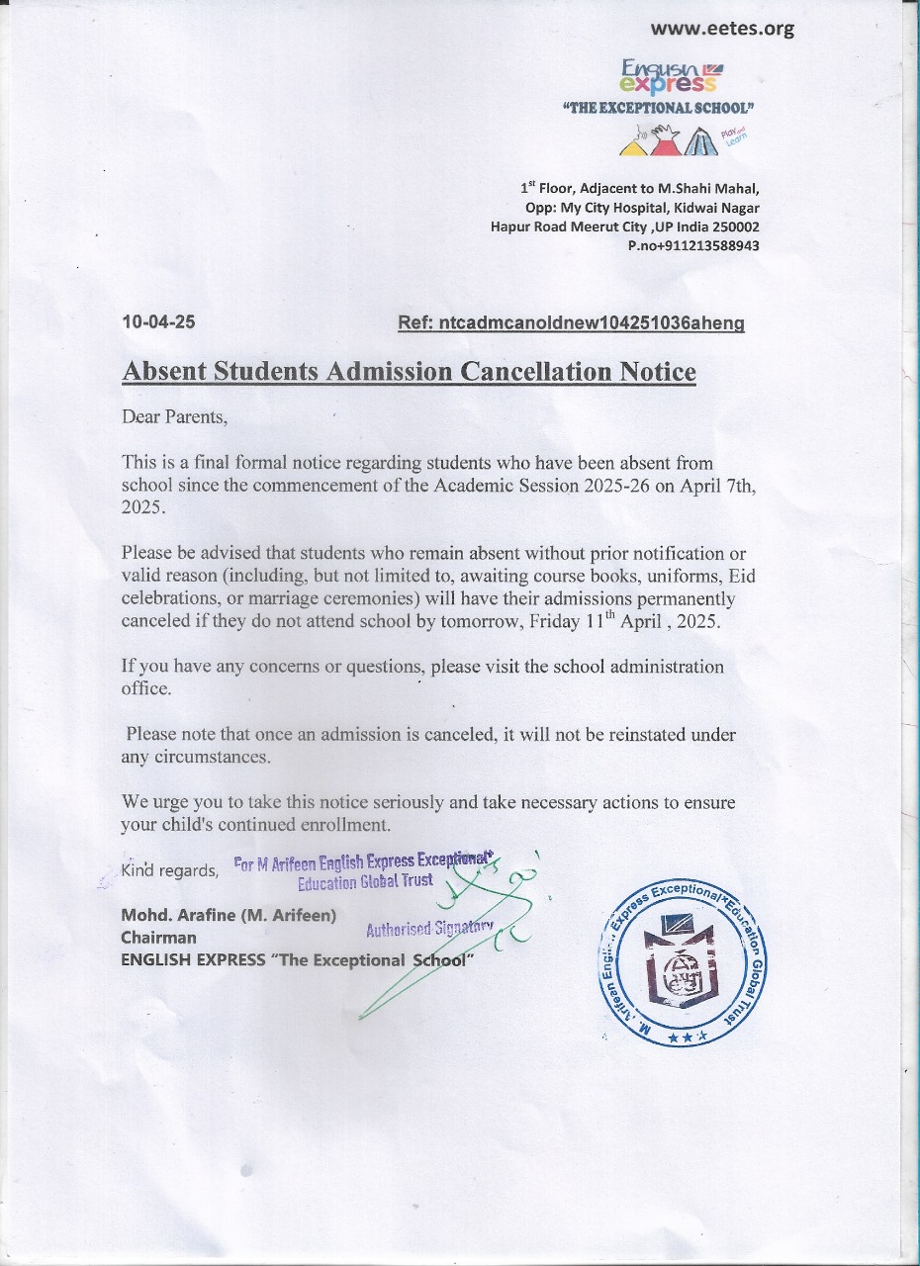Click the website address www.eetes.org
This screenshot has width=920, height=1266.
(x=723, y=29)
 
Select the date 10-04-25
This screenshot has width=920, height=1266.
(x=158, y=322)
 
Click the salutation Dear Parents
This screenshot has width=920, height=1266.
(x=174, y=416)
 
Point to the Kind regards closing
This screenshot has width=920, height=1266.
(x=169, y=870)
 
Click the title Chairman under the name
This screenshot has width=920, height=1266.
(x=158, y=937)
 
